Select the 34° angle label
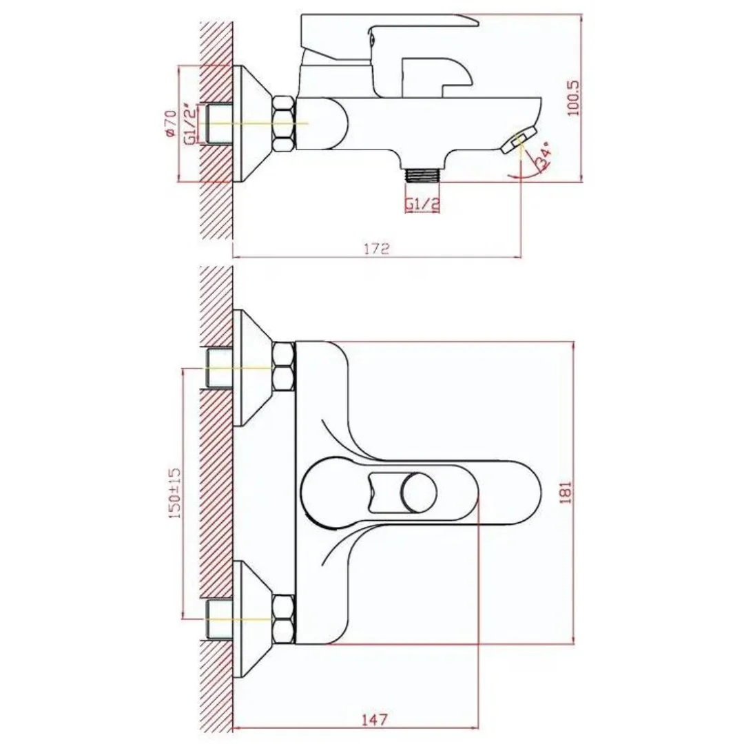point(542,156)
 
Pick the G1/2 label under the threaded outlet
point(422,204)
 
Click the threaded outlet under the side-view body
point(422,174)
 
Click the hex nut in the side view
point(284,124)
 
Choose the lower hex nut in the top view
point(284,615)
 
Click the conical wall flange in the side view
point(252,124)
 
